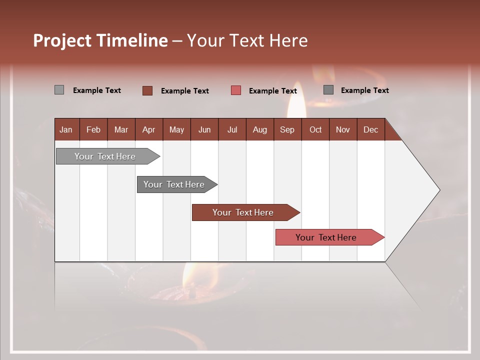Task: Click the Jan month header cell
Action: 66,129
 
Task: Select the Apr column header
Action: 148,129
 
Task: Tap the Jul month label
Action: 232,129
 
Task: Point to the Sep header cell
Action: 287,129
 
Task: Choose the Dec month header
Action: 370,129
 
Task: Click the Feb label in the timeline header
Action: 93,129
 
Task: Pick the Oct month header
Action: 315,129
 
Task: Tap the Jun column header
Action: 204,129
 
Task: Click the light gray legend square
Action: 59,90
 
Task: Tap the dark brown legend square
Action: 147,90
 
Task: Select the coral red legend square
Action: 236,90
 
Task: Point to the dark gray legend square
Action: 328,90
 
